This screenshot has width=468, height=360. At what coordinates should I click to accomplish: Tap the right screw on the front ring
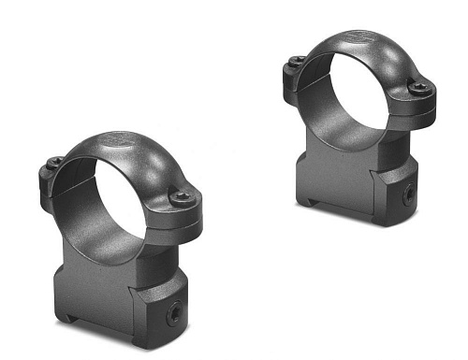pyautogui.click(x=182, y=196)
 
